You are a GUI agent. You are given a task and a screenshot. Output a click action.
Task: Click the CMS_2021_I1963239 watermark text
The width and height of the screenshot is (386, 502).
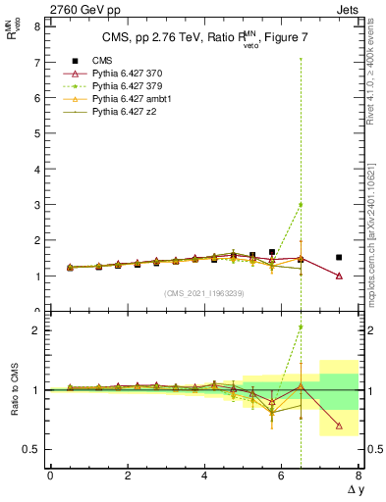(204, 293)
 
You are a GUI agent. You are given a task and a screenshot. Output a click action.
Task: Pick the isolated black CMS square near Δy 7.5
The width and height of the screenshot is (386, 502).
(339, 257)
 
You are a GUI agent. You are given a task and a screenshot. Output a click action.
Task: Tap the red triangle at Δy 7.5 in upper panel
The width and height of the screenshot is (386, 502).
(339, 276)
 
